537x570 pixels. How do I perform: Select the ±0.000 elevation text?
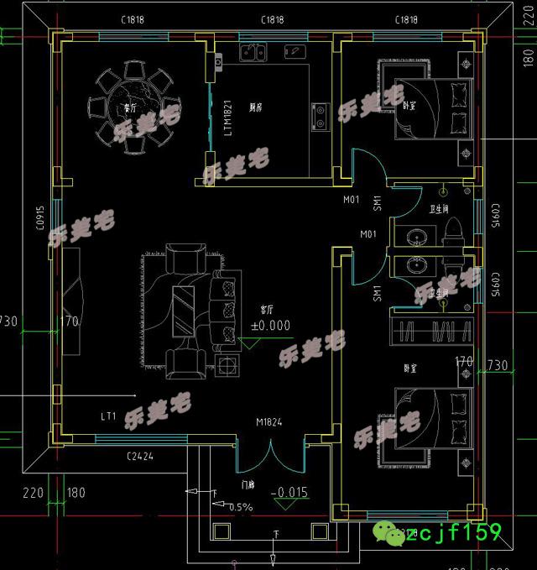[269, 325]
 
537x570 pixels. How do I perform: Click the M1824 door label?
[269, 423]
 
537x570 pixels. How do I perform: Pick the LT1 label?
[108, 416]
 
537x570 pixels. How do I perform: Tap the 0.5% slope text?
[239, 506]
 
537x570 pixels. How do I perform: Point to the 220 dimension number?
[32, 493]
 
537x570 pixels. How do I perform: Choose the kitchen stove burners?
[320, 116]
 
